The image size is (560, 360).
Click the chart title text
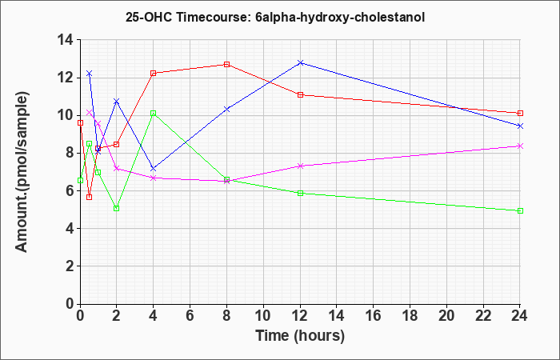coord(280,16)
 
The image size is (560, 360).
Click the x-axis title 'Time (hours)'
coord(300,335)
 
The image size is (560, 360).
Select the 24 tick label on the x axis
coord(521,316)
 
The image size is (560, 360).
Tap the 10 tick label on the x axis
coord(263,316)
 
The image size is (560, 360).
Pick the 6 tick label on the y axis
coord(68,190)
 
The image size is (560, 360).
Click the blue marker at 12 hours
coord(300,62)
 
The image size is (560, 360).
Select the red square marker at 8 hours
coord(227,64)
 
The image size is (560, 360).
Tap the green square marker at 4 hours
coord(153,113)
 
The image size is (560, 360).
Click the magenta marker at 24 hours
coord(521,146)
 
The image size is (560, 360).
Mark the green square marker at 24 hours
coord(521,210)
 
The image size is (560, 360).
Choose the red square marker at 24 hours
coord(521,113)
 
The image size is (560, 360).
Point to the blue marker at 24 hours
coord(521,126)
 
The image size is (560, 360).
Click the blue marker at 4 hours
coord(153,168)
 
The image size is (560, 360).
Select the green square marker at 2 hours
coord(117,208)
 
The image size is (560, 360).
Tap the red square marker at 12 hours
coord(300,94)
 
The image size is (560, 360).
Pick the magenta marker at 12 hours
coord(300,166)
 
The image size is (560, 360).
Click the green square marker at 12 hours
coord(300,193)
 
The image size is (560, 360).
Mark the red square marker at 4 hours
coord(153,73)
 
